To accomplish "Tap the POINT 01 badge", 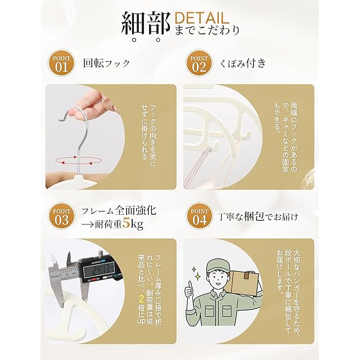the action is pyautogui.click(x=61, y=64).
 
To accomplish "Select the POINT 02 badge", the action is pyautogui.click(x=199, y=64).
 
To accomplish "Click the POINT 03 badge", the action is pyautogui.click(x=61, y=216).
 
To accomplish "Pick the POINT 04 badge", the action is pyautogui.click(x=199, y=216).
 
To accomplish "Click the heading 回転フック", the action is pyautogui.click(x=107, y=63).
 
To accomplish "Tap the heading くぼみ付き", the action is pyautogui.click(x=243, y=63).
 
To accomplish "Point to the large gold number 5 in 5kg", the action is pyautogui.click(x=127, y=223).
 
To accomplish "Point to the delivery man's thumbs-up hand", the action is pyautogui.click(x=190, y=290).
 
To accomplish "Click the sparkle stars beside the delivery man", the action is pyautogui.click(x=196, y=274).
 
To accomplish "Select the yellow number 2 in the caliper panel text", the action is pyautogui.click(x=142, y=299).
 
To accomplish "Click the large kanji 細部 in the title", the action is pyautogui.click(x=146, y=25).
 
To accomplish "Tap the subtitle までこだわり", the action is pyautogui.click(x=207, y=30).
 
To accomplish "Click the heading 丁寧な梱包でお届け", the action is pyautogui.click(x=258, y=217).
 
